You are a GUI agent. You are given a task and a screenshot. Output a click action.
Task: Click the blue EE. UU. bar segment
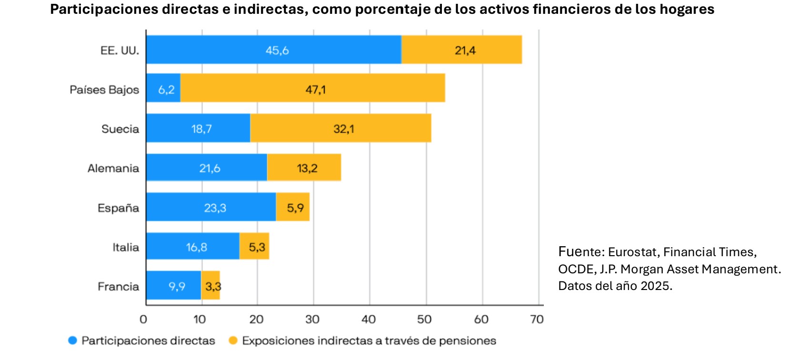click(274, 50)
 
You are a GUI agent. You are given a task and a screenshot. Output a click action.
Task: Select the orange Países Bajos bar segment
click(312, 88)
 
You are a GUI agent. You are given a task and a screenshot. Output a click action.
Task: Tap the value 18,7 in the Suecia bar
click(201, 129)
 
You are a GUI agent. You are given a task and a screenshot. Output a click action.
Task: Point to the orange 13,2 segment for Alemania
click(304, 168)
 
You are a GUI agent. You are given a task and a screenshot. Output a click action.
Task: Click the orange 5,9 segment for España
click(292, 207)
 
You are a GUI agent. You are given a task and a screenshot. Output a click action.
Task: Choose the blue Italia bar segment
click(193, 246)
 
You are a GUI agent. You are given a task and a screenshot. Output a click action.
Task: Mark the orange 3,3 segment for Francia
click(210, 285)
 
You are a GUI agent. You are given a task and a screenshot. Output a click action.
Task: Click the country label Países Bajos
click(104, 90)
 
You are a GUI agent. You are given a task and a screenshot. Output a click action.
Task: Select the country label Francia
click(118, 287)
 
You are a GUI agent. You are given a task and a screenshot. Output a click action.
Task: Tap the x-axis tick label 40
click(369, 319)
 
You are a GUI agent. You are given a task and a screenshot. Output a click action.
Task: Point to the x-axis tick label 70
click(537, 319)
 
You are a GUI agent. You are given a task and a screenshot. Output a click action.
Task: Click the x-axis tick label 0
click(143, 319)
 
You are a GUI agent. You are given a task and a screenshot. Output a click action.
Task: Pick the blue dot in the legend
click(72, 340)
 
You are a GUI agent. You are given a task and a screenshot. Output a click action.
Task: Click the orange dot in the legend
click(233, 340)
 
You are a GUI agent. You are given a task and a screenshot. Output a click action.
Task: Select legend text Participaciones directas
click(148, 341)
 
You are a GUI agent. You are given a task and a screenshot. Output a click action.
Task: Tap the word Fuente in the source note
click(580, 252)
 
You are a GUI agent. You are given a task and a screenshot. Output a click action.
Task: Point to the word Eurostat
click(632, 252)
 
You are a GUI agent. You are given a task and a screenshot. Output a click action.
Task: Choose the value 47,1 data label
click(315, 90)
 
